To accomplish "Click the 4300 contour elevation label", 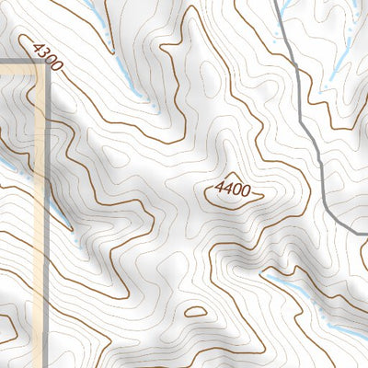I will pyautogui.click(x=46, y=56).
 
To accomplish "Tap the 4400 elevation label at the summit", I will pyautogui.click(x=233, y=190).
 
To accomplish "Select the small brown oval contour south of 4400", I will pyautogui.click(x=195, y=312).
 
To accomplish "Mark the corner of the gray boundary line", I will pyautogui.click(x=45, y=65).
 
